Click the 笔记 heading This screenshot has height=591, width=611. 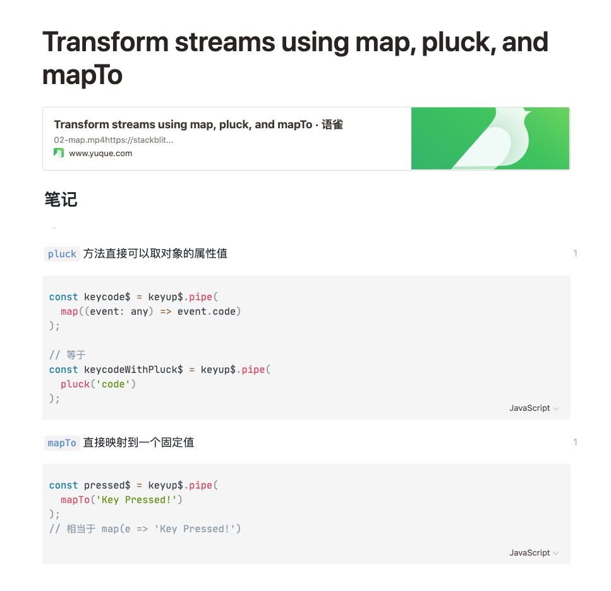pyautogui.click(x=61, y=200)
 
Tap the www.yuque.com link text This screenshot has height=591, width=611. pyautogui.click(x=100, y=153)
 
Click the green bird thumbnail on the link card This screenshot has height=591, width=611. pyautogui.click(x=490, y=138)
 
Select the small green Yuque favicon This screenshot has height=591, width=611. pyautogui.click(x=59, y=153)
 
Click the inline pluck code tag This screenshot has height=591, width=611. pyautogui.click(x=62, y=254)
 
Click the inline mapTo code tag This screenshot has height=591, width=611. pyautogui.click(x=62, y=443)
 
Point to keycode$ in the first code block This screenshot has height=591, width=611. pyautogui.click(x=107, y=297)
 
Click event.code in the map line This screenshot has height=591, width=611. pyautogui.click(x=209, y=312)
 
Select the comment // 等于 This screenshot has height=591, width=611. pyautogui.click(x=68, y=355)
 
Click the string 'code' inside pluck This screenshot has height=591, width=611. pyautogui.click(x=113, y=384)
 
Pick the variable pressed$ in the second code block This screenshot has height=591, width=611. pyautogui.click(x=107, y=485)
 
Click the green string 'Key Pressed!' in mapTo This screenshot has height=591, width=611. pyautogui.click(x=138, y=500)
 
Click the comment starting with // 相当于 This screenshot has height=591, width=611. pyautogui.click(x=145, y=529)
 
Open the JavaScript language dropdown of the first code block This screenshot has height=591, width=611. pyautogui.click(x=534, y=408)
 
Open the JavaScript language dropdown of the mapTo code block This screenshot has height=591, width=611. pyautogui.click(x=534, y=553)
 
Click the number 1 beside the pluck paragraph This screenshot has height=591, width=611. pyautogui.click(x=575, y=253)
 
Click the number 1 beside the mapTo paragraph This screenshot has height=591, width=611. pyautogui.click(x=575, y=442)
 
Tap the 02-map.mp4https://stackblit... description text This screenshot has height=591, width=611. pyautogui.click(x=114, y=140)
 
